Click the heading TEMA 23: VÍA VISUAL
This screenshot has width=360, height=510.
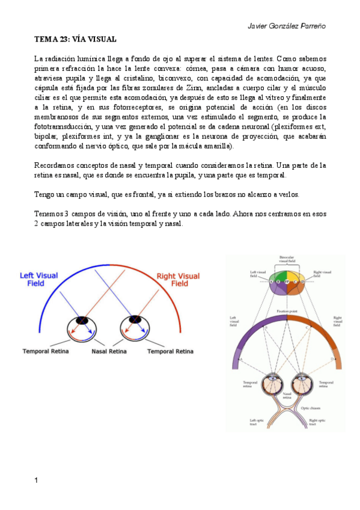coord(75,40)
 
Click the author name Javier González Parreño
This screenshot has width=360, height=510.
coord(287,27)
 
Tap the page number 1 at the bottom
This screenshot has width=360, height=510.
coord(37,481)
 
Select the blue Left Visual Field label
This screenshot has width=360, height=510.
coord(39,279)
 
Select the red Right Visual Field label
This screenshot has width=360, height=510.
coord(178,280)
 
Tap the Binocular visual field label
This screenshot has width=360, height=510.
coord(286,259)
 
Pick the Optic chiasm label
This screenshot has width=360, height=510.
coord(311,408)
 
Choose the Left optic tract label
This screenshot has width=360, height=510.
coord(257,422)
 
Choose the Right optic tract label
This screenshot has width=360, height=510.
coord(317,422)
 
